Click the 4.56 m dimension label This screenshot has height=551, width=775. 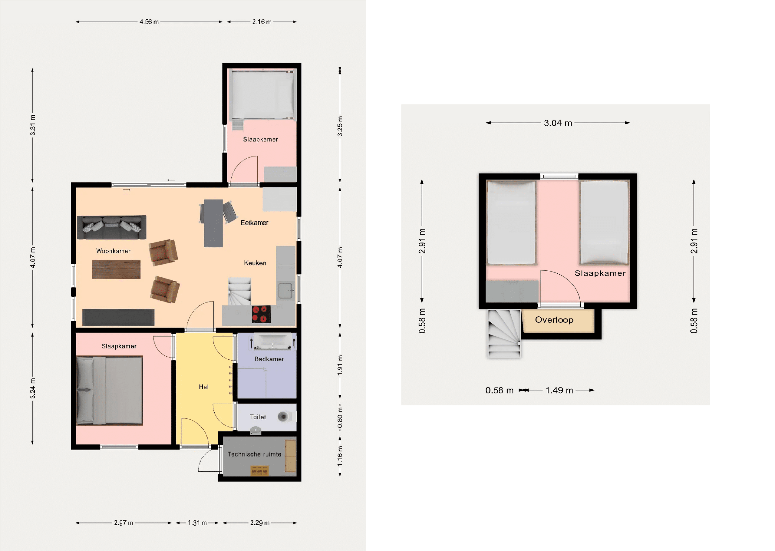149,22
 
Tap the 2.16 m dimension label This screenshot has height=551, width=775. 262,22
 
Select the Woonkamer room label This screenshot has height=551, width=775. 113,251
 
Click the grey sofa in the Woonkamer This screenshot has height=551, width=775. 112,227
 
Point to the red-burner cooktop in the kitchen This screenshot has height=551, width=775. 261,314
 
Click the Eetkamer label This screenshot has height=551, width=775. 254,223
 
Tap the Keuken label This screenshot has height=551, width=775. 255,263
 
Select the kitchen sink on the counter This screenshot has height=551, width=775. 285,291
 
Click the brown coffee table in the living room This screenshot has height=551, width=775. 116,269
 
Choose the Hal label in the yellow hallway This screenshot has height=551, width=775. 203,387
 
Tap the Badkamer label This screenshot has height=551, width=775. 269,359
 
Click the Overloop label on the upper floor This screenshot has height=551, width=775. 554,320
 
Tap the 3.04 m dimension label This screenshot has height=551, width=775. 558,123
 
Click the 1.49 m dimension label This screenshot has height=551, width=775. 559,390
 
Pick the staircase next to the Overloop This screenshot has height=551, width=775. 504,334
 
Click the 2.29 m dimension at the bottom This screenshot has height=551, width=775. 260,523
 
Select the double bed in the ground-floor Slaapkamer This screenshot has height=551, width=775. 110,390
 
